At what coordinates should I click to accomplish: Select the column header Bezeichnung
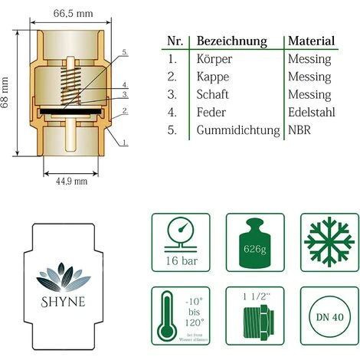[x=232, y=41]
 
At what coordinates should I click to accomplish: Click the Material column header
[x=311, y=41]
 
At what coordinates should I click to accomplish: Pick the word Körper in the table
[x=216, y=59]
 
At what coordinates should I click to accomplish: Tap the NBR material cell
[x=300, y=131]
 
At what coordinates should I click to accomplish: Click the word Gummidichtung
[x=238, y=131]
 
